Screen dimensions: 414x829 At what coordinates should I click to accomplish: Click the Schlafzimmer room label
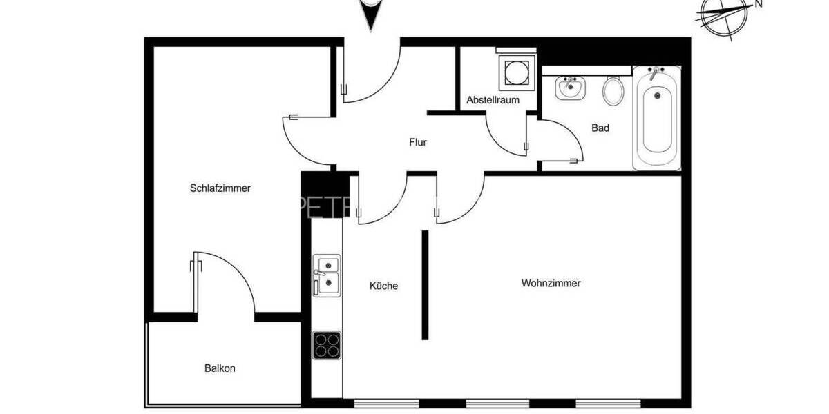(220, 188)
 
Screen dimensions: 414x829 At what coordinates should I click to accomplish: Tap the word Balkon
(220, 368)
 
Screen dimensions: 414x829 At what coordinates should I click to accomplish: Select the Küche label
(383, 286)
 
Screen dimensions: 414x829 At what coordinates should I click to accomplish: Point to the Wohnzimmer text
(551, 283)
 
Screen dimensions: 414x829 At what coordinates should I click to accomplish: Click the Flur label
(417, 143)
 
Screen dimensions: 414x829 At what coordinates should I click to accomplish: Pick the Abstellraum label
(492, 100)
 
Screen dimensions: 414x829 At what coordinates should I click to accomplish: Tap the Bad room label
(600, 128)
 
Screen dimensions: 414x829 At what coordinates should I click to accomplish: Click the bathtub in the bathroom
(656, 117)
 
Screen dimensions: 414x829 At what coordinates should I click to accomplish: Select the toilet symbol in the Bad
(613, 90)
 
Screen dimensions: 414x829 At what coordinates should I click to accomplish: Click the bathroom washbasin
(570, 88)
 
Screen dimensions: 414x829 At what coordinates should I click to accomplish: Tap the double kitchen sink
(326, 275)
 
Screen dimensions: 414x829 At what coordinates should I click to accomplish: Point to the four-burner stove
(326, 345)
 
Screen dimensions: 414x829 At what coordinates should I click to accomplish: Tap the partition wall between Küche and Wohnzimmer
(425, 285)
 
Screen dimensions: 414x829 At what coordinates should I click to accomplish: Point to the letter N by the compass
(758, 4)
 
